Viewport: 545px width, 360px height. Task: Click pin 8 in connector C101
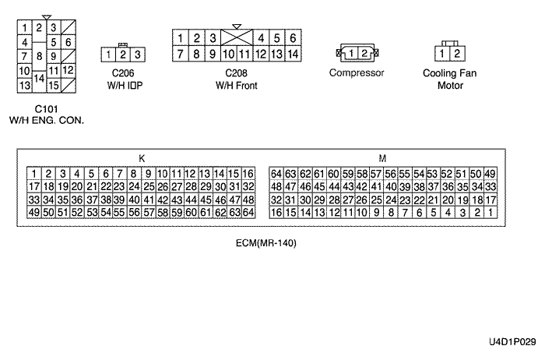39,56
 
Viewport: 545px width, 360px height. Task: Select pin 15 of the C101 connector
54,83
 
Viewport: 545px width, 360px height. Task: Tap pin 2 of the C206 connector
123,55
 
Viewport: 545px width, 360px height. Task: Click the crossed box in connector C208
236,38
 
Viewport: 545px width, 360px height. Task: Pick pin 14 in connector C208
292,55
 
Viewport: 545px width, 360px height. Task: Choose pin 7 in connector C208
180,55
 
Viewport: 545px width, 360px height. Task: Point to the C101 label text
46,108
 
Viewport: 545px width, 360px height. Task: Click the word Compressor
357,73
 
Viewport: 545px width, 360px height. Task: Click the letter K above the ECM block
141,158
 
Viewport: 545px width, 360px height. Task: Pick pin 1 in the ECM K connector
33,173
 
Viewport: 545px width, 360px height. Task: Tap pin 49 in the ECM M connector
490,173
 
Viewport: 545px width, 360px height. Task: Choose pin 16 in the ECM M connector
275,213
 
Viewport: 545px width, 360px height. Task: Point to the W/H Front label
236,86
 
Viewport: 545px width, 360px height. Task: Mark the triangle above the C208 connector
236,26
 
